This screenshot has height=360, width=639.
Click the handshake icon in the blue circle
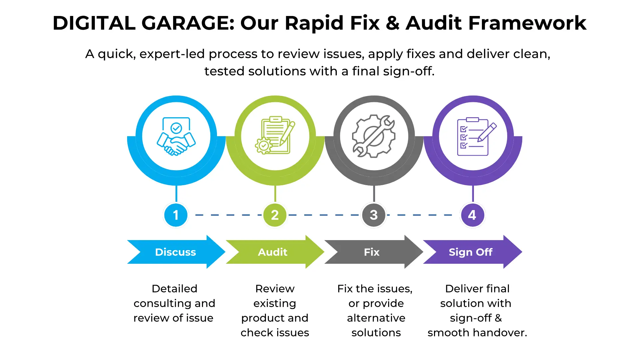[x=176, y=136]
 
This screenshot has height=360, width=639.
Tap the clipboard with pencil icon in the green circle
[x=275, y=136]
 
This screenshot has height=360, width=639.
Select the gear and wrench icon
[x=374, y=136]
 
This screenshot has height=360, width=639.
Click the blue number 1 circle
[x=176, y=215]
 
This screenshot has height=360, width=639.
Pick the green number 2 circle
[x=275, y=215]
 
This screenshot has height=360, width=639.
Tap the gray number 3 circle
[x=374, y=215]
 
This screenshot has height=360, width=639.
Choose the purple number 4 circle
[x=472, y=215]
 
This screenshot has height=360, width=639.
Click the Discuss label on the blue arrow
[x=175, y=252]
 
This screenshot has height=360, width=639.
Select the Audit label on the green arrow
[x=273, y=252]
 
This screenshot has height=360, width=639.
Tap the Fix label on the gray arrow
[x=372, y=252]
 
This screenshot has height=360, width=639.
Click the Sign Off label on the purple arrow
[x=471, y=252]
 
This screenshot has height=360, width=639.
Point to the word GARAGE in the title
[x=188, y=23]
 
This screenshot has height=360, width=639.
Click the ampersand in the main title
[x=393, y=23]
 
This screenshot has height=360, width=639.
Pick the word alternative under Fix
[x=376, y=318]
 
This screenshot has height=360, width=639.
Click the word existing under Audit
[x=275, y=303]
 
